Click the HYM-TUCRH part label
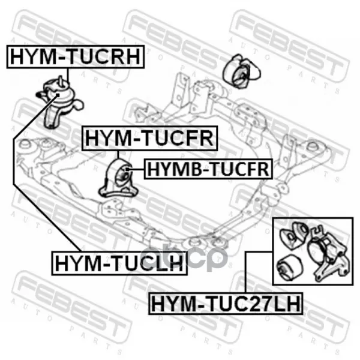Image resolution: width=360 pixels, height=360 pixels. (x=76, y=57)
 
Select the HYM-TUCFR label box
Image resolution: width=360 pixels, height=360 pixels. (x=149, y=138)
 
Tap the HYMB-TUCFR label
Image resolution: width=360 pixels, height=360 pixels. (x=208, y=169)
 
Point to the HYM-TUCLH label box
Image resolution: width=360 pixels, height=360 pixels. (x=119, y=263)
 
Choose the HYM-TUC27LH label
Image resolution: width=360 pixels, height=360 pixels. (x=226, y=303)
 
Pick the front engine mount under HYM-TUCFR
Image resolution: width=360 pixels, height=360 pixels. (x=118, y=178)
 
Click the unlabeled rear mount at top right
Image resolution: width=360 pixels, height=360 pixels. (x=242, y=71)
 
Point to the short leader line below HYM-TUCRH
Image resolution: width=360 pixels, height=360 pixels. (x=68, y=75)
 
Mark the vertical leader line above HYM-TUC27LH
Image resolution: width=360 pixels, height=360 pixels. (x=246, y=272)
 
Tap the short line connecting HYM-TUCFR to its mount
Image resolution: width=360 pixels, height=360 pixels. (x=118, y=155)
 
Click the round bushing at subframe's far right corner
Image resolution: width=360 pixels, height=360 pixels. (x=313, y=147)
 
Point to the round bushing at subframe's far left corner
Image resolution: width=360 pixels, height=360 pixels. (x=25, y=145)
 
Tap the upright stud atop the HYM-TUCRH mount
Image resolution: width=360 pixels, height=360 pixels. (x=61, y=81)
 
